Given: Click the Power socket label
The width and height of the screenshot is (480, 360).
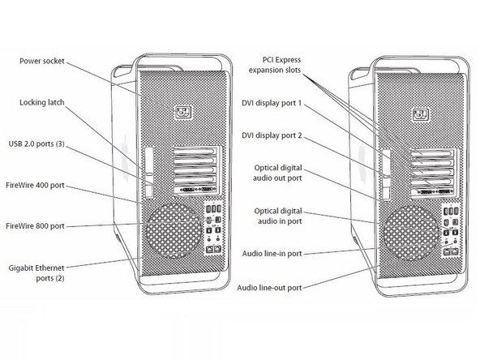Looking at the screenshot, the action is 42,62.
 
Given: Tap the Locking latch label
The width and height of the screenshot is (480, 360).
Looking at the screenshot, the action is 42,102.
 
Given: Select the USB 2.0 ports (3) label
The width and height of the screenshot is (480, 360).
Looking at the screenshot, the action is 36,144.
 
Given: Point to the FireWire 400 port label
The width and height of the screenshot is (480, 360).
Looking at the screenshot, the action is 35,185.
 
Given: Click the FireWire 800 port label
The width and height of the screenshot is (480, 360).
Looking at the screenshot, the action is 35,226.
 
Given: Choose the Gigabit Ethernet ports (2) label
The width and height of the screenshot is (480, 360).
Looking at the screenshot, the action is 36,272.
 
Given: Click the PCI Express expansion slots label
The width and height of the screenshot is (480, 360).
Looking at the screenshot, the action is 275,65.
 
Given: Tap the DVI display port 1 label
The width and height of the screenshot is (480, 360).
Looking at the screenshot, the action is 272,103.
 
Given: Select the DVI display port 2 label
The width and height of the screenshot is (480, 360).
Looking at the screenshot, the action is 272,135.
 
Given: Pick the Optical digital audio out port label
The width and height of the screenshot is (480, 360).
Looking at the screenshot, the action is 277,173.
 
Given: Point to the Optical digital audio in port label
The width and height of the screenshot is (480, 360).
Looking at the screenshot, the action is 278,216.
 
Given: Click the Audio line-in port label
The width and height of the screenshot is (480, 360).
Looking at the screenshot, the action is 272,254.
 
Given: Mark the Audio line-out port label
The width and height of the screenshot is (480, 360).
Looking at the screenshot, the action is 269,288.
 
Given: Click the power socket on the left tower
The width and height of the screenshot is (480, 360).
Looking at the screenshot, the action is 183,113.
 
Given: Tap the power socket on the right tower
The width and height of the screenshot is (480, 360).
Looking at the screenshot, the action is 421,115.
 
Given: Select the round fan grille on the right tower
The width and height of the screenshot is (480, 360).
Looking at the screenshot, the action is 411,233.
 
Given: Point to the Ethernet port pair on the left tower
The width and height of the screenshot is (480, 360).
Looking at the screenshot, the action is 214,249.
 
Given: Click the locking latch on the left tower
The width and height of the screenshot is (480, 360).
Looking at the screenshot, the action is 148,172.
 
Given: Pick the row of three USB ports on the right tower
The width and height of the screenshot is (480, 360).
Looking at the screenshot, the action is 452,212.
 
